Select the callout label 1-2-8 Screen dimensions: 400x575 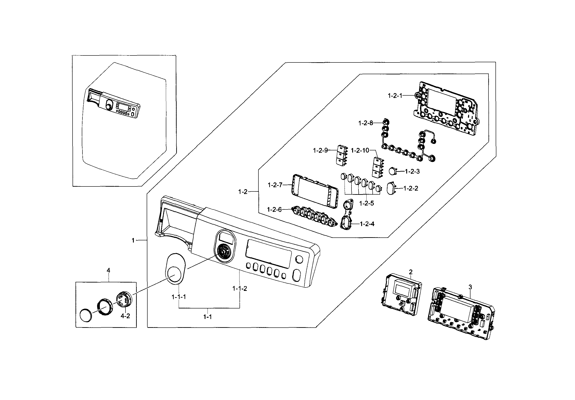[365, 123]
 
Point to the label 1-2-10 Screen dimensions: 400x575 [360, 150]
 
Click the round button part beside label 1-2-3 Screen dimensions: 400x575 [393, 171]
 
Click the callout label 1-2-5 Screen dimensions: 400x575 [366, 203]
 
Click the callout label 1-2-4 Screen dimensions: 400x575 [367, 224]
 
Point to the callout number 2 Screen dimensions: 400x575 [411, 272]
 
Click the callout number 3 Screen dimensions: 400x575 [470, 287]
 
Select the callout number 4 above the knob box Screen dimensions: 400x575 [108, 270]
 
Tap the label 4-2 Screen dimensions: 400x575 [125, 316]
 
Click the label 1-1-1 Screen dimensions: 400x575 [178, 297]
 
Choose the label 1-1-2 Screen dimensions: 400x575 [240, 288]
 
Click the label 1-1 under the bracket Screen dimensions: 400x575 [207, 317]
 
